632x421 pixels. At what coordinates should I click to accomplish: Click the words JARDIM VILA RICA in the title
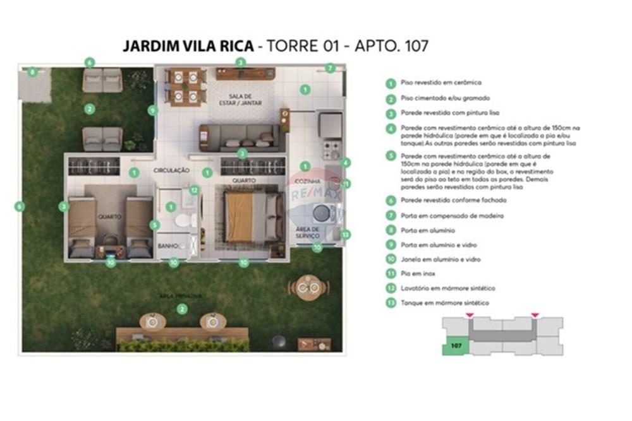[x=187, y=46]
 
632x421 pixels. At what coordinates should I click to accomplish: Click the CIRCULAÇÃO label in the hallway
[x=171, y=170]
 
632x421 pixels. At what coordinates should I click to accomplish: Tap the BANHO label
[x=167, y=246]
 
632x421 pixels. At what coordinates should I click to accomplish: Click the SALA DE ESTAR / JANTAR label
[x=241, y=99]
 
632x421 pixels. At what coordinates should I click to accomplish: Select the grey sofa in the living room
[x=239, y=136]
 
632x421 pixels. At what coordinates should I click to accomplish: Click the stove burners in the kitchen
[x=331, y=150]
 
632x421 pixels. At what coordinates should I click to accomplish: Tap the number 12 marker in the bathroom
[x=194, y=189]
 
